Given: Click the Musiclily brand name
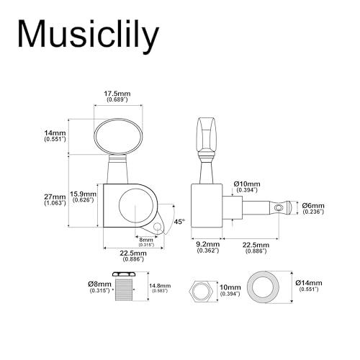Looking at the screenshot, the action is pos(89,35).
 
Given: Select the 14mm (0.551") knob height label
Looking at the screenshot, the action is pos(55,136).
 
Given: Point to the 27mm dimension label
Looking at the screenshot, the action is pos(55,199).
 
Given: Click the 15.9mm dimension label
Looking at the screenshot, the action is pos(83,197).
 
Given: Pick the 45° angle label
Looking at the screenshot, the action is pos(180,222).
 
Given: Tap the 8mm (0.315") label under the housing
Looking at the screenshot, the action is pos(146,242).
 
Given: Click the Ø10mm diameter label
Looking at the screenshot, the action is pos(247,186).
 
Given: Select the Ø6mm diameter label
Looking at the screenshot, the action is pos(313,208).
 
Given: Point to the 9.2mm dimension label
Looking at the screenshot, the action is pos(208,248).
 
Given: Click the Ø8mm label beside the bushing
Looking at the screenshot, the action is pos(99,287).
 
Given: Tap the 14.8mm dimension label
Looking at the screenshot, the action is pos(160,288).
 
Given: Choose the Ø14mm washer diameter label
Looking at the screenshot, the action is pos(309,286).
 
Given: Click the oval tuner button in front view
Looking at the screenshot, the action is pos(118,136).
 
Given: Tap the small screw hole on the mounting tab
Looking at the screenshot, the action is pos(157,226).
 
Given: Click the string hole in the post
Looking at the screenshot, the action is pos(279,207).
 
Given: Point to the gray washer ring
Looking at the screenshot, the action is pos(264,287).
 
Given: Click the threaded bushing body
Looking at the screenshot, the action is pos(124,290).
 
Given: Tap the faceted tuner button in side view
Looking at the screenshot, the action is pos(207,136).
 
